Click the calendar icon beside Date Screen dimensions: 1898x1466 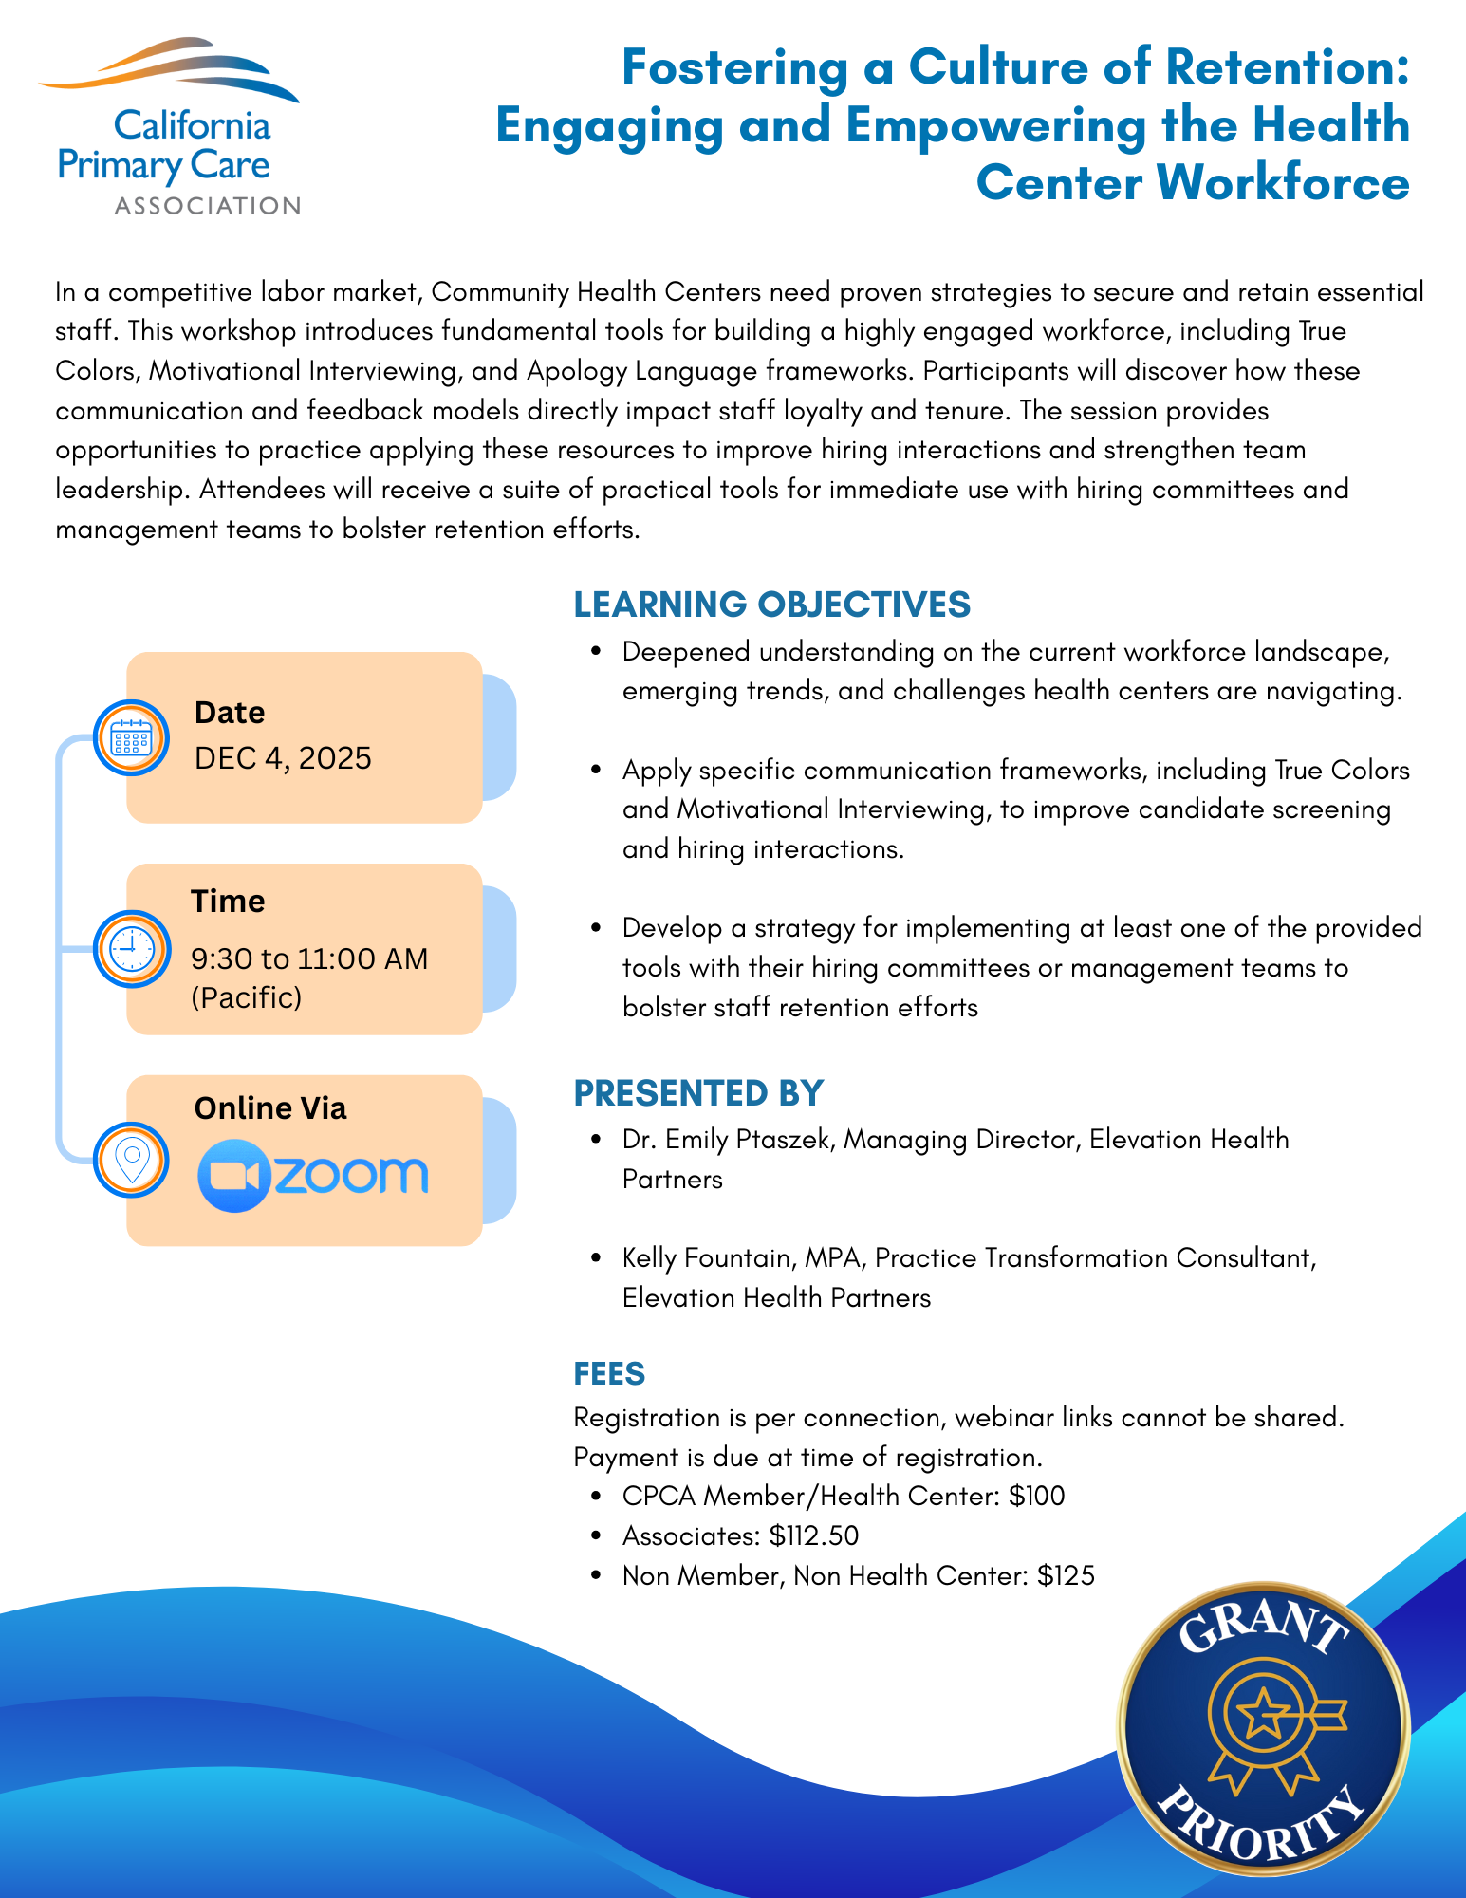(131, 737)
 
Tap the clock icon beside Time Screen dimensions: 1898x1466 (131, 949)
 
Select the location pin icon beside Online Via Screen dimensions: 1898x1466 (131, 1159)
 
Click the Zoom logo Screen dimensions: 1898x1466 (313, 1176)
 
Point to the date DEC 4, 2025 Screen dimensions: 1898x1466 (283, 758)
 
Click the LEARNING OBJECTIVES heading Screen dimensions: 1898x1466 (771, 605)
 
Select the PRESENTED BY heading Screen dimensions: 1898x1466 (698, 1093)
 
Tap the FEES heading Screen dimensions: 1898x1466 (609, 1373)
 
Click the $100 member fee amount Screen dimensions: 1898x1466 (1036, 1497)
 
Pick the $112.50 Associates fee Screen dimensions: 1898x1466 (814, 1535)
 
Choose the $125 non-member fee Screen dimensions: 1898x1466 (1066, 1576)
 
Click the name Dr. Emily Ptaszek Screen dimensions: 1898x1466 (726, 1139)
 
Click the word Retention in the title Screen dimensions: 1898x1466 (1286, 67)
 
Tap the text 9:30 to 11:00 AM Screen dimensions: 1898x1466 (309, 958)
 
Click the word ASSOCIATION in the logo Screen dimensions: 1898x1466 (207, 206)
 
